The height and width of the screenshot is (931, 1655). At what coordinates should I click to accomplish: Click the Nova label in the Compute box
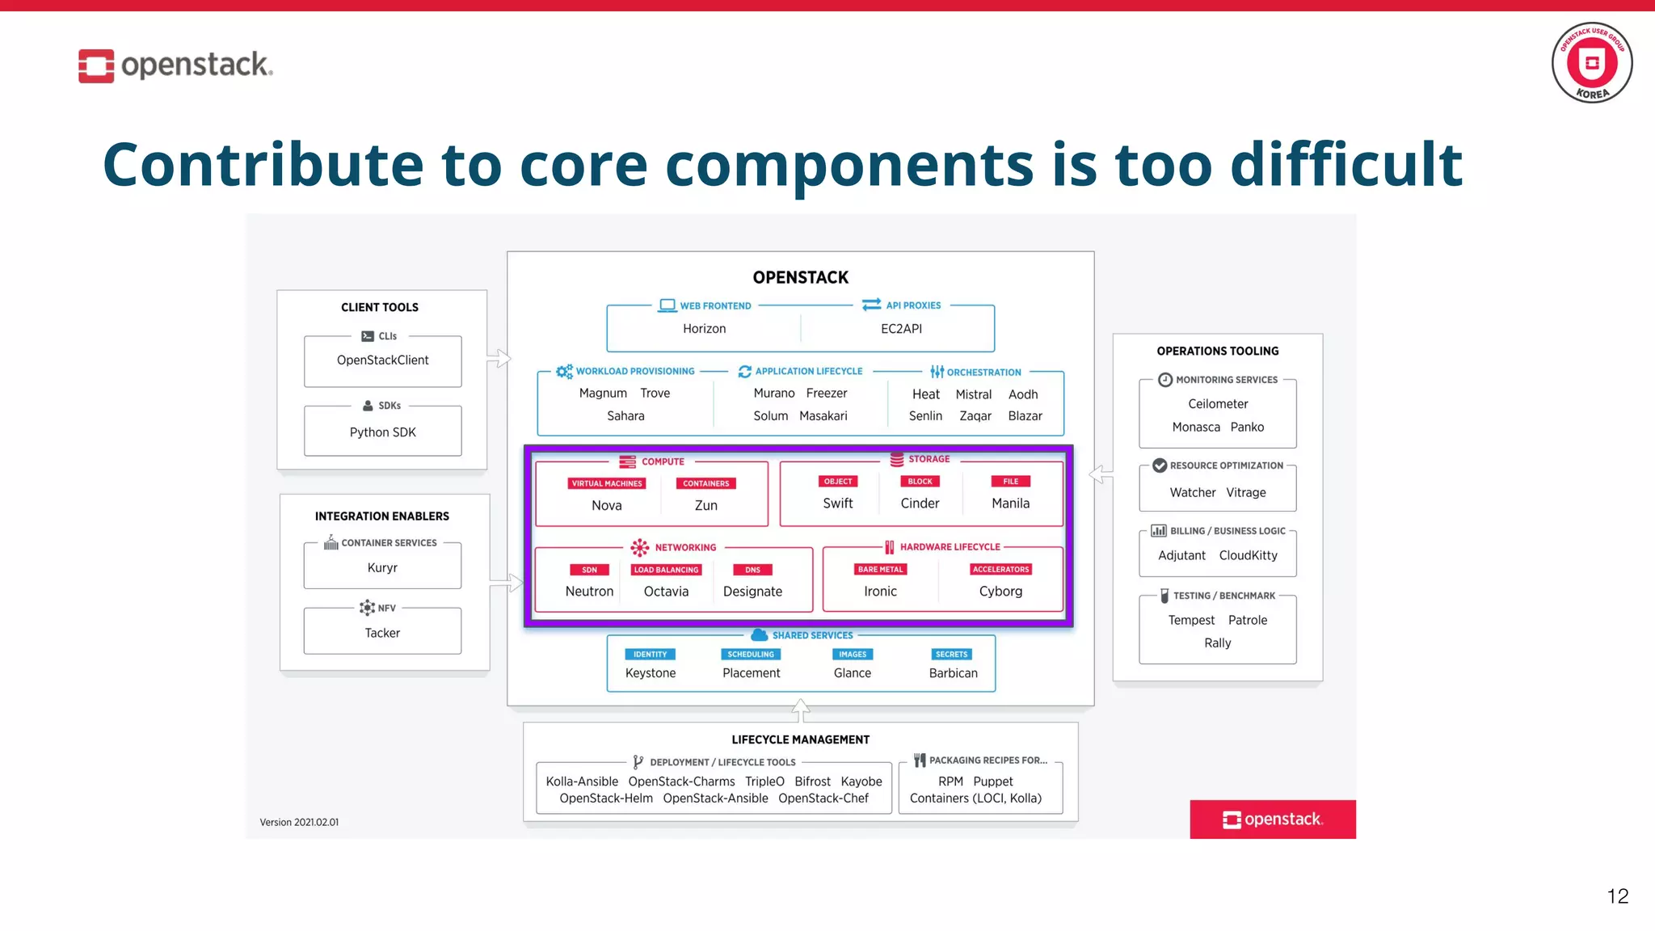(606, 505)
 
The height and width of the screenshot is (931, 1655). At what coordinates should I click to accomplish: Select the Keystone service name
(650, 672)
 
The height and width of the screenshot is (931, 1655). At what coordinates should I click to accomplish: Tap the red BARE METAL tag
(880, 569)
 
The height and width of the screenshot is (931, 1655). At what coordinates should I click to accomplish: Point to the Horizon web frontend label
(704, 328)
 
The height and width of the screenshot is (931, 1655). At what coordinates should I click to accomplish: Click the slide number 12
(1617, 895)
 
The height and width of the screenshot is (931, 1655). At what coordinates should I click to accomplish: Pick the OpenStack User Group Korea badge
(1591, 63)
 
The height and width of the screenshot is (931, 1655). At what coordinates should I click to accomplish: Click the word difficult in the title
(1345, 164)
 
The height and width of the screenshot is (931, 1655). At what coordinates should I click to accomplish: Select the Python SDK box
(382, 432)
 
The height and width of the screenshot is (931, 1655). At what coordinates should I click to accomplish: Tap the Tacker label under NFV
(382, 633)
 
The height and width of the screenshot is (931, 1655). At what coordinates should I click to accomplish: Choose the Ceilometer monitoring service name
(1217, 403)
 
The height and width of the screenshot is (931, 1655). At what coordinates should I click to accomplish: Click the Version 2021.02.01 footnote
(299, 822)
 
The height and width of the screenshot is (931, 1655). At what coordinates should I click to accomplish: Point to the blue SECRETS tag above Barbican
(951, 654)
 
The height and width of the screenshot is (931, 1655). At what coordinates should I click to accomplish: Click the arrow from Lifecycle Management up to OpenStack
(800, 710)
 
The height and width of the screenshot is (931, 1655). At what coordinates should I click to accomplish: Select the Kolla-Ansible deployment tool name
(581, 781)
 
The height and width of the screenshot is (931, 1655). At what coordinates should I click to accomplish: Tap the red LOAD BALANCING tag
(666, 570)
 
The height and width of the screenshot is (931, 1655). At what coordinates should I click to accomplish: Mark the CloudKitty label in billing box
(1248, 555)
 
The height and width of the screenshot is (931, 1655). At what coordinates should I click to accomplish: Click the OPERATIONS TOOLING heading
(1217, 351)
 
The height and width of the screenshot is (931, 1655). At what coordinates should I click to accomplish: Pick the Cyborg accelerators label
(1000, 591)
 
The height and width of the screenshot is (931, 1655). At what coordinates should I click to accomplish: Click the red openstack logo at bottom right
(1272, 819)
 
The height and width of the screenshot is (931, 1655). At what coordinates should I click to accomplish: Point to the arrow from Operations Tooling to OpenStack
(1100, 474)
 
